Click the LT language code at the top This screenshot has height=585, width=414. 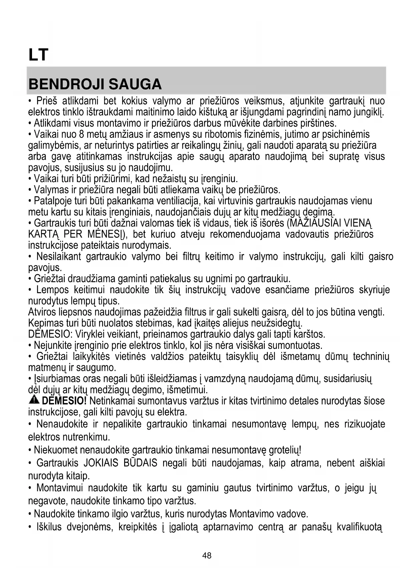[38, 55]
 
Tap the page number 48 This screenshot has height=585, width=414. [207, 556]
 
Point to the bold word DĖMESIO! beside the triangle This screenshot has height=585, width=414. [64, 401]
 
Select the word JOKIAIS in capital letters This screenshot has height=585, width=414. [101, 463]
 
